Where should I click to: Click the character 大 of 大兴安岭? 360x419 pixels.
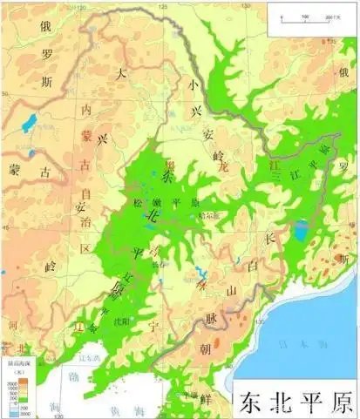pyautogui.click(x=124, y=74)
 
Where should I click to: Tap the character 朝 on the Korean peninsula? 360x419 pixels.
pyautogui.click(x=228, y=349)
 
